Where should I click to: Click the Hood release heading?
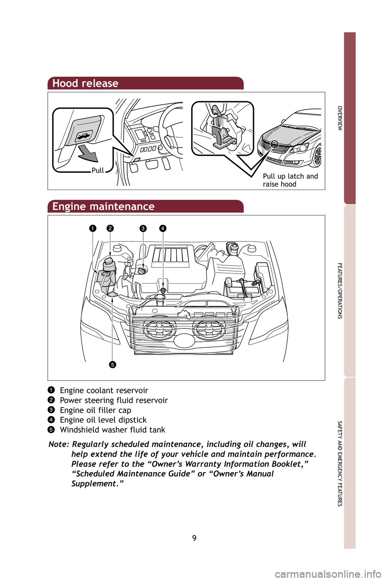(x=85, y=84)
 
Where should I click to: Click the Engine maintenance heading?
(x=103, y=207)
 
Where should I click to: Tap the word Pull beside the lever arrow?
(x=97, y=170)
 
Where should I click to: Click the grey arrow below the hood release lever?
(x=88, y=154)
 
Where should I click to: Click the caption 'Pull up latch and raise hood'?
(x=290, y=180)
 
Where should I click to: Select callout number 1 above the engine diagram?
(x=93, y=228)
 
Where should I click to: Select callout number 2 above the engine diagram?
(x=110, y=228)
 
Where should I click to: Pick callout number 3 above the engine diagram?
(x=143, y=228)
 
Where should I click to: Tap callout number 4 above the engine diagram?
(x=162, y=228)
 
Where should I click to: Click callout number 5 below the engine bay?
(x=112, y=365)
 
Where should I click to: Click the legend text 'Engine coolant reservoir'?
(x=104, y=391)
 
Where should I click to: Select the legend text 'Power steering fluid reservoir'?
(x=114, y=400)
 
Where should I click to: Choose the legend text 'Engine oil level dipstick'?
(x=103, y=420)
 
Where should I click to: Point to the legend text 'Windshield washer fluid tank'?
(x=112, y=430)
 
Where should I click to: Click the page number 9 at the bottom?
(x=194, y=538)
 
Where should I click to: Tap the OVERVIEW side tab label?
(x=340, y=118)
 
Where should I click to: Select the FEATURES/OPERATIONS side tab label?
(x=340, y=290)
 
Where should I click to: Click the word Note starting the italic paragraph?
(x=59, y=444)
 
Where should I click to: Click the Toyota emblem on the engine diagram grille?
(x=185, y=341)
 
